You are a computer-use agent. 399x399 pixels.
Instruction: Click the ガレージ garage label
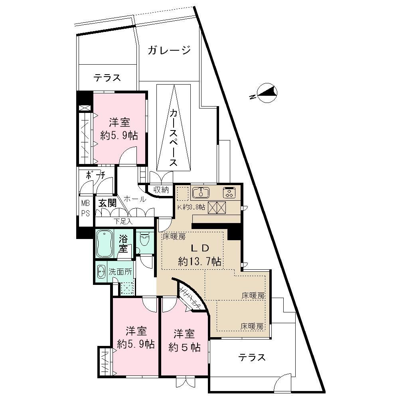(169, 51)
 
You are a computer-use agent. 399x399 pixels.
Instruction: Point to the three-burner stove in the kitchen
(229, 193)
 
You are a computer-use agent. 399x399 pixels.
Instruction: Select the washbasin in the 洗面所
(101, 272)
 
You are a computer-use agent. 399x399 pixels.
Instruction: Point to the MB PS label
(86, 208)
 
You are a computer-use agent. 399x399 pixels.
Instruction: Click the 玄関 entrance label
(107, 203)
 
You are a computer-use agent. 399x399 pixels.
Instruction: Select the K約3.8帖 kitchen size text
(192, 207)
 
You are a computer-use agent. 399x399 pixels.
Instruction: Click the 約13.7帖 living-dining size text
(200, 262)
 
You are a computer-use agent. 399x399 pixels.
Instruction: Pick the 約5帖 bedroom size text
(184, 347)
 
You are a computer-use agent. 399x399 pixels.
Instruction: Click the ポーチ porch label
(96, 175)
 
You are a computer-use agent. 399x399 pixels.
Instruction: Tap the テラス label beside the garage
(107, 78)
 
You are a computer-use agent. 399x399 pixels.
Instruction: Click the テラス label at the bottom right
(252, 357)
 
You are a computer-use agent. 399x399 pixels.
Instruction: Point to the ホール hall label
(134, 199)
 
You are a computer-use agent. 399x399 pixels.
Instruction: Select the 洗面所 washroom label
(120, 272)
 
